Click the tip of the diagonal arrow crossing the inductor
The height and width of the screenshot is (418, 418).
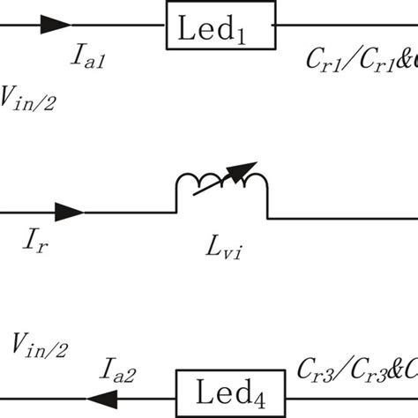point(257,163)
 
